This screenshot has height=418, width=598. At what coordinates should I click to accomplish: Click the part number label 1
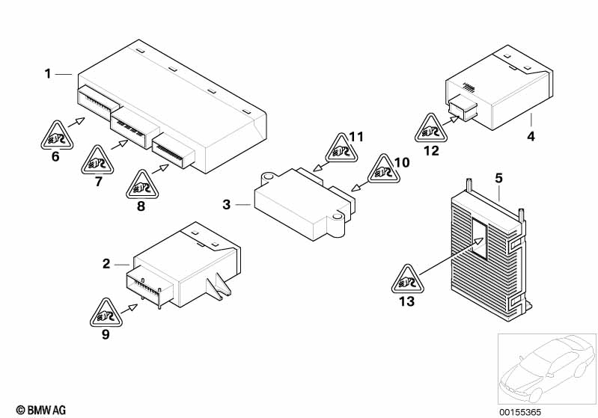point(47,73)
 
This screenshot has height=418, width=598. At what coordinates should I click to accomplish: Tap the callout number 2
point(106,263)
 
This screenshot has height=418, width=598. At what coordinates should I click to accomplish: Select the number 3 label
point(227,204)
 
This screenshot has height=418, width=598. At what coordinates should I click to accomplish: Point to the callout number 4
point(531,137)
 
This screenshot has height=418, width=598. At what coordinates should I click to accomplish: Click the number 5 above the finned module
point(499,178)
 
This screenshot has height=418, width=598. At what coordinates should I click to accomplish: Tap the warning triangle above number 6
point(54,135)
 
